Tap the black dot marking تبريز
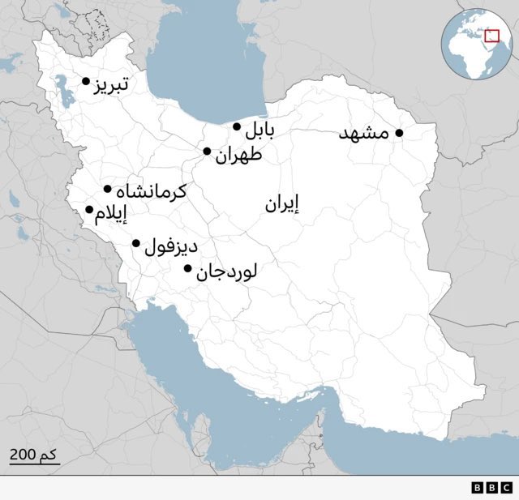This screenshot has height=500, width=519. click(x=86, y=81)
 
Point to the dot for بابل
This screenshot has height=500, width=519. click(x=237, y=126)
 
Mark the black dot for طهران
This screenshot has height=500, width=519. click(x=208, y=152)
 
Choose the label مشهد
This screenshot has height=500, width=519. click(x=364, y=134)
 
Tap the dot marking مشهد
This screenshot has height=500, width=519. click(x=399, y=133)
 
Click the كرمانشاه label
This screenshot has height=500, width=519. click(x=152, y=192)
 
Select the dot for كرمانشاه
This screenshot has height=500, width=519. click(x=108, y=190)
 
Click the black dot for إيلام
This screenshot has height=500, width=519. click(x=89, y=210)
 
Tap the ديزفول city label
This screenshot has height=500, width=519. click(x=171, y=246)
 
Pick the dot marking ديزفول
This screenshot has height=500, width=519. click(x=136, y=243)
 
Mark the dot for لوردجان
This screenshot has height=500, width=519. click(x=188, y=269)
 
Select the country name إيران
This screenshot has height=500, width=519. click(x=282, y=204)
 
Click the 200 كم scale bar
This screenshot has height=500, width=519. click(x=34, y=458)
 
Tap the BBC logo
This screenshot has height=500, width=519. click(x=491, y=488)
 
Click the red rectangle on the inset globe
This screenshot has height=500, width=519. click(x=491, y=35)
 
